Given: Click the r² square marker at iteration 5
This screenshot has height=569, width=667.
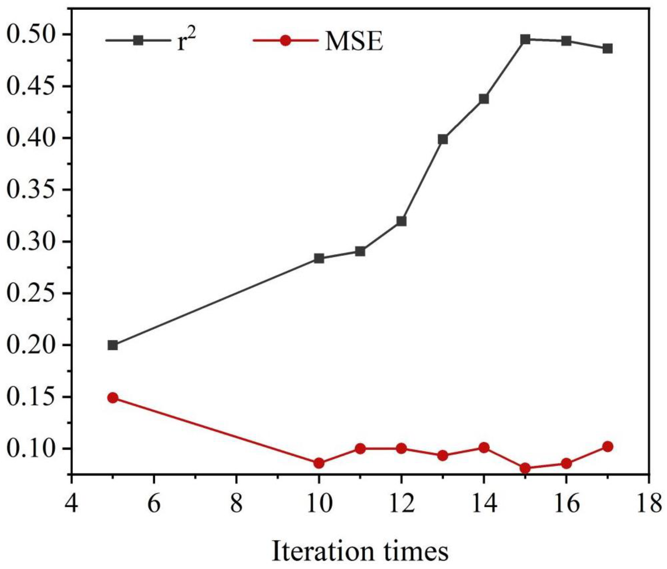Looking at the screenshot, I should [112, 345].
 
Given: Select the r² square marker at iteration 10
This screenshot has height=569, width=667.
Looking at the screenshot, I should [319, 258].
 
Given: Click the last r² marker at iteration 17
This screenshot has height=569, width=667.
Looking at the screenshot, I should [608, 49].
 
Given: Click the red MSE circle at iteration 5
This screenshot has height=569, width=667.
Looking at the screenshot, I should [112, 398].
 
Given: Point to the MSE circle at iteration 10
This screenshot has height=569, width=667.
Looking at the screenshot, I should [319, 463].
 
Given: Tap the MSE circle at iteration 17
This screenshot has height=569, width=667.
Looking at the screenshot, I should [608, 447].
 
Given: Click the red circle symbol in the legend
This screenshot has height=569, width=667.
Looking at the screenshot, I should [285, 41].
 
